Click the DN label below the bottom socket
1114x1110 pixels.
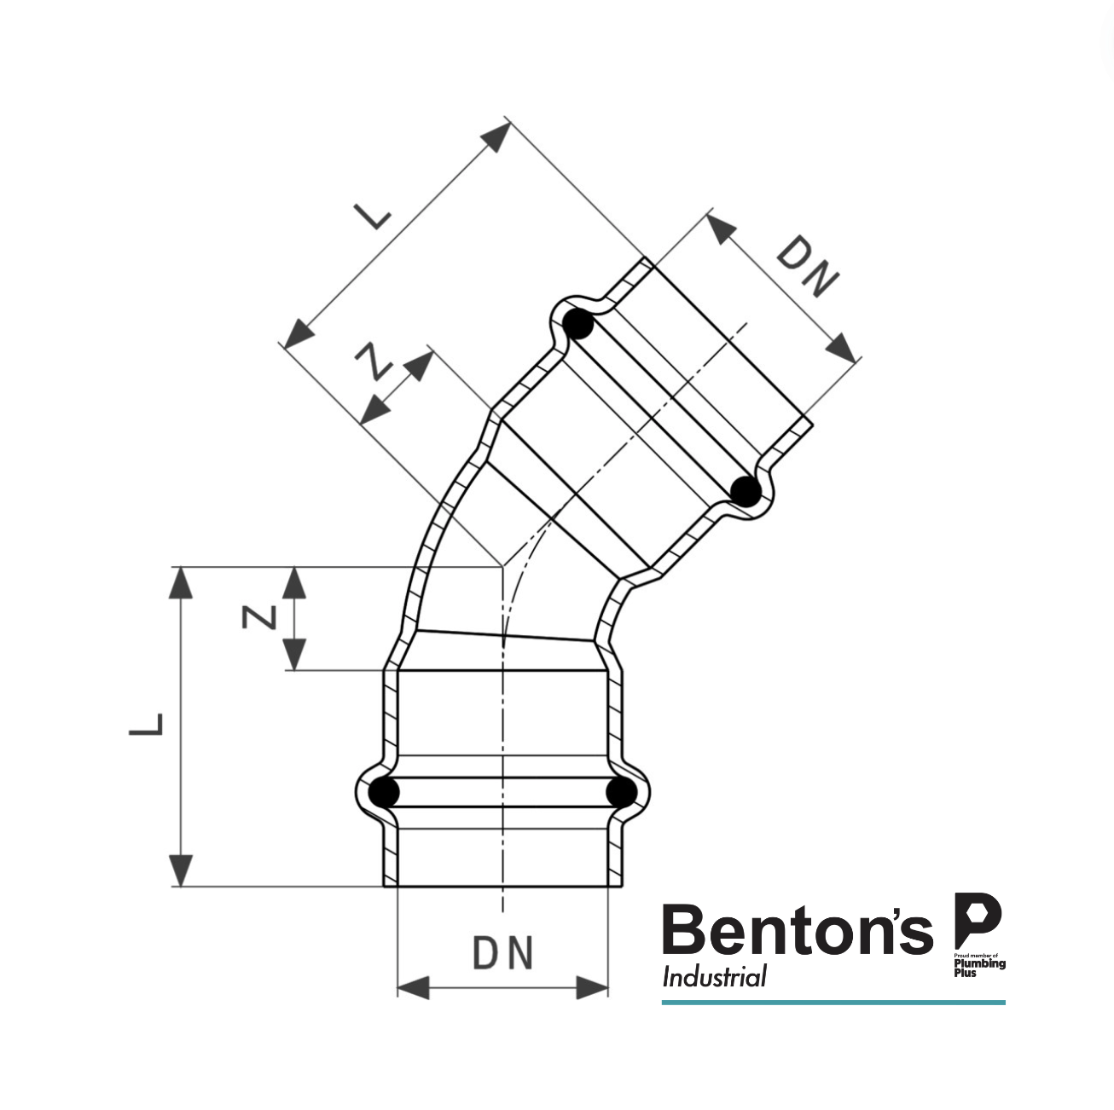[502, 953]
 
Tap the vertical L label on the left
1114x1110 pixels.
[147, 724]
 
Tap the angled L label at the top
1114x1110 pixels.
[373, 217]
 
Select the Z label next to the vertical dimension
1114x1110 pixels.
[259, 616]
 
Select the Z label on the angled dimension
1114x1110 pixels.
[373, 361]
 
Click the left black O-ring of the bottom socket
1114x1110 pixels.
[385, 792]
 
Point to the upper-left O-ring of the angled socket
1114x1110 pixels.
[579, 325]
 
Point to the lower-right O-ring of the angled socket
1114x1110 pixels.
[746, 492]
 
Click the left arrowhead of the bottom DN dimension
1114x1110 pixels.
[413, 988]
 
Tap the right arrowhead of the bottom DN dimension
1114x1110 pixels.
[593, 988]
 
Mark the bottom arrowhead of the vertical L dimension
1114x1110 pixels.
[181, 870]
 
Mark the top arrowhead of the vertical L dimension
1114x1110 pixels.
[181, 583]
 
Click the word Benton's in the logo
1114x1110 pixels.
[798, 931]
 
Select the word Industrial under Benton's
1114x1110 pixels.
[715, 977]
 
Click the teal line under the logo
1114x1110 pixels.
[833, 1003]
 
